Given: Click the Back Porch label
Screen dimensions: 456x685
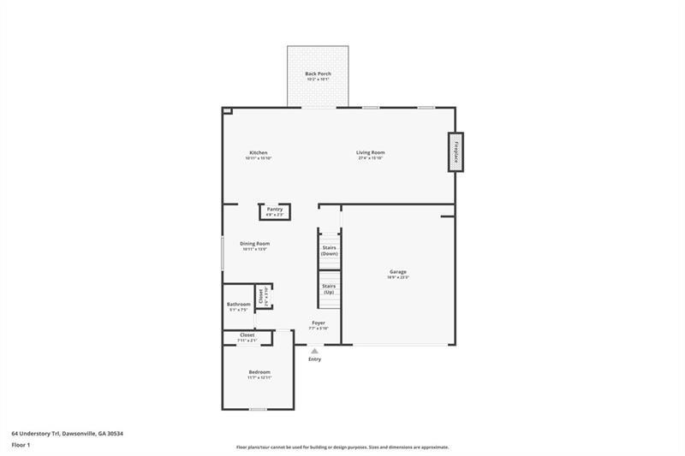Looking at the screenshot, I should (318, 74).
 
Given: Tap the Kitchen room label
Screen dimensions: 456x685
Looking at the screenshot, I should (259, 153).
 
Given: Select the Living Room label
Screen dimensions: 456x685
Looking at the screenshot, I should (371, 153).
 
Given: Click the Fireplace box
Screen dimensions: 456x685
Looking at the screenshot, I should (456, 151).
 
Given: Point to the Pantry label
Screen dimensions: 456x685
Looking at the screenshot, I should (275, 210).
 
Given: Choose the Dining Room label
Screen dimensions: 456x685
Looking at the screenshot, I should (255, 244).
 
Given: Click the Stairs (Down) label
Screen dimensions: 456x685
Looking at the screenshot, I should (329, 251).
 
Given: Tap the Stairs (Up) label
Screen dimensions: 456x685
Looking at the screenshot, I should (329, 289).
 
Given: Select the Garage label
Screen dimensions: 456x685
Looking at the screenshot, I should (398, 272).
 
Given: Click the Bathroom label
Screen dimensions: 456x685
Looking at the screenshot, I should (239, 305).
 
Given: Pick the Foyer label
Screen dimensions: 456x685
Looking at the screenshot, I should (318, 323).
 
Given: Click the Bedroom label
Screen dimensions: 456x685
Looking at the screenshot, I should (259, 372).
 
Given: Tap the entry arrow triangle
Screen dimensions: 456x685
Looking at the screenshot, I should (315, 350).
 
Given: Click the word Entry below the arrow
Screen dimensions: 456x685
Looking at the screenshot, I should (315, 359).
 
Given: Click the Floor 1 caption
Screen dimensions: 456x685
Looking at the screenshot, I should (21, 446).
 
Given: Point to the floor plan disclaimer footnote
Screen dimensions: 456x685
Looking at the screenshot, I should (342, 447).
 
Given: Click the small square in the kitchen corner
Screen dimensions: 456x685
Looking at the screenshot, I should (227, 110).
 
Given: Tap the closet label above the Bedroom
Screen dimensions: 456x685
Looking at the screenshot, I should (247, 335).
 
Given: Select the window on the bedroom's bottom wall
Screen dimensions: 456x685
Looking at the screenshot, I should (257, 409).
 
